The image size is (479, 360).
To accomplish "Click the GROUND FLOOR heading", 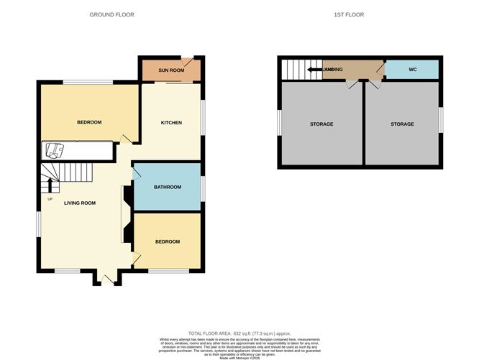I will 111,14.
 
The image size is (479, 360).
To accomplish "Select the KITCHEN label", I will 171,123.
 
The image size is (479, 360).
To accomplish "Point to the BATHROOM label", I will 168,187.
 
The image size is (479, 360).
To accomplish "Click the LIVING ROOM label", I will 80,203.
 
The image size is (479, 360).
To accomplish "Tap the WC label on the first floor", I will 412,70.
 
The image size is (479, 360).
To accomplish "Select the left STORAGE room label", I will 321,124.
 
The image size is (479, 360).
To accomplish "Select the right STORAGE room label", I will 402,124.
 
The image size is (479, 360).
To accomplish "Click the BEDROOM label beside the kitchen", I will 89,122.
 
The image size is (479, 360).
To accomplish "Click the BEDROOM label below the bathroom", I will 167,241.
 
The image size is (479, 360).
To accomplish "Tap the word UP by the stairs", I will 50,199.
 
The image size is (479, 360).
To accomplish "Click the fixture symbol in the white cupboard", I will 55,150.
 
